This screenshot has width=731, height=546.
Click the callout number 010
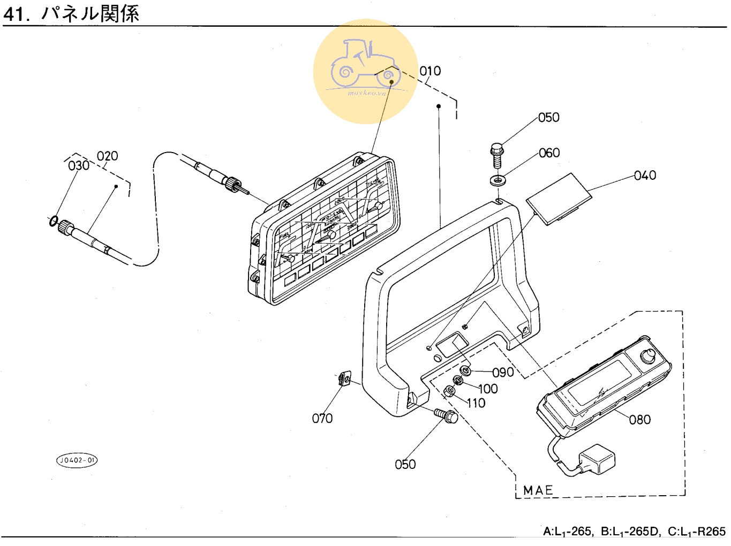point(430,71)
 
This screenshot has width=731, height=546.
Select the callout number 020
point(107,156)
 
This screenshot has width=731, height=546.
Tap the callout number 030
point(79,165)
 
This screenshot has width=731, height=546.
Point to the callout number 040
point(645,176)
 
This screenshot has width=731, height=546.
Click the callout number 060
point(549,153)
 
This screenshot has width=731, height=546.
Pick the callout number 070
point(322,418)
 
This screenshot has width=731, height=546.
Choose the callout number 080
point(640,420)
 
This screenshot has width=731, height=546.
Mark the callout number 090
point(503,373)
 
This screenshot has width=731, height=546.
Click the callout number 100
point(487,389)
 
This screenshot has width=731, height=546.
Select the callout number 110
point(476,403)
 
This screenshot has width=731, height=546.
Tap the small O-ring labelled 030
point(54,220)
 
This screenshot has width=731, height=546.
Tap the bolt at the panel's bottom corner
point(446,415)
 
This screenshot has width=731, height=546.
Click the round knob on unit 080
point(647,355)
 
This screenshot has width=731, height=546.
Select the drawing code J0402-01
point(78,460)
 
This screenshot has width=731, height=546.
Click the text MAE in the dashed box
point(538,490)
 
